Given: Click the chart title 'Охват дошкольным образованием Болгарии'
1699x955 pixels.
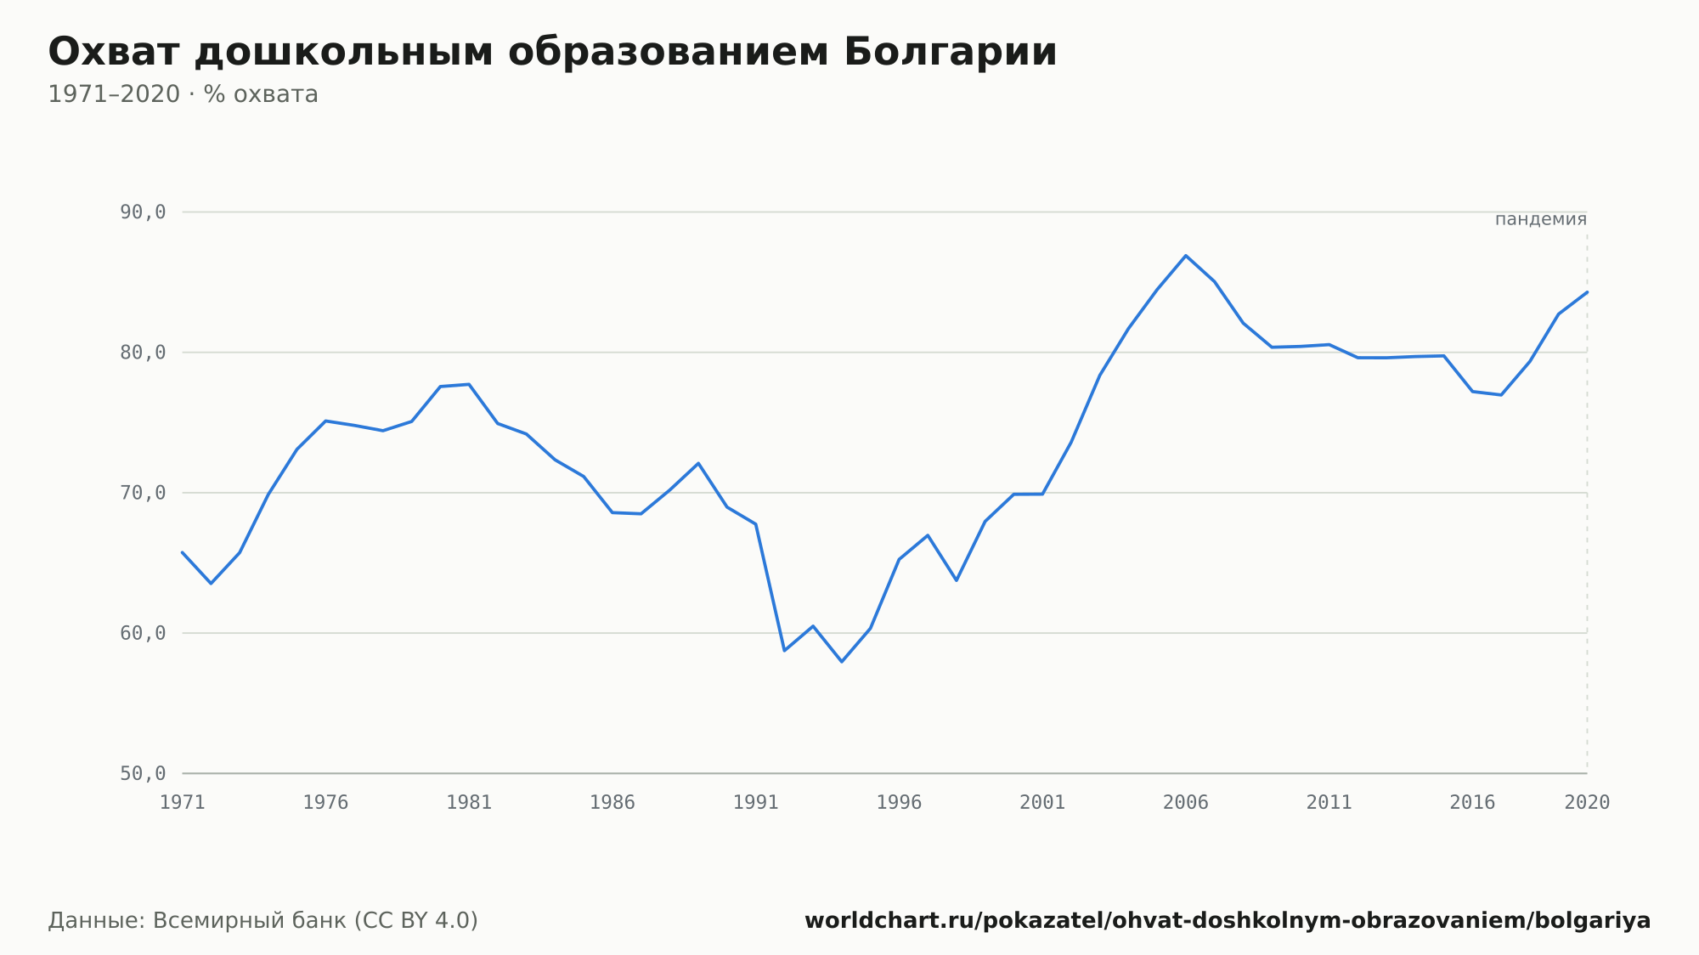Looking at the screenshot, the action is click(552, 53).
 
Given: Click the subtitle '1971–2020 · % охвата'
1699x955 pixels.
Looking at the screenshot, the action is click(183, 94).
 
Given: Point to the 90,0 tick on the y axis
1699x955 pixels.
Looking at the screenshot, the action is click(143, 212).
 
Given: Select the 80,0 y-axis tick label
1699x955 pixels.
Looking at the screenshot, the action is click(143, 353).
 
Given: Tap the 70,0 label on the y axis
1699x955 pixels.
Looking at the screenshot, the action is click(143, 493).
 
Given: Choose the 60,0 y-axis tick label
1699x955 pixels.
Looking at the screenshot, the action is click(143, 633).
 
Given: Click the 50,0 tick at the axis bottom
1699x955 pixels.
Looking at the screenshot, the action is click(143, 773).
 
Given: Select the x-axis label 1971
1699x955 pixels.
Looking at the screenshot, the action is click(183, 803).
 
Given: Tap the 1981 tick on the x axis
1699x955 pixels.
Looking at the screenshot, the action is click(469, 803).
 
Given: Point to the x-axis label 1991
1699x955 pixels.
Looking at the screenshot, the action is click(756, 803).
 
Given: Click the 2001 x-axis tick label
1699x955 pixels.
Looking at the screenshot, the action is click(1042, 803).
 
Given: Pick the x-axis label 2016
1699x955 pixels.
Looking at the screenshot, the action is click(1472, 803).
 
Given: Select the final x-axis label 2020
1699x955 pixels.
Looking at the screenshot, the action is click(1587, 803).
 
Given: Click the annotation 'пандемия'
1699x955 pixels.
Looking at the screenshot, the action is click(1541, 219).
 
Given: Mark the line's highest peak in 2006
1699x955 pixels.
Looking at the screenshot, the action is click(1186, 256).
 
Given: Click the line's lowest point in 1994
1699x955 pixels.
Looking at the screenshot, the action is click(842, 661).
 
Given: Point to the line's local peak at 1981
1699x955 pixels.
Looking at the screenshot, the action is click(469, 384).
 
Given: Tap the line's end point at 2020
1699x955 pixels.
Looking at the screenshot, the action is click(1587, 292).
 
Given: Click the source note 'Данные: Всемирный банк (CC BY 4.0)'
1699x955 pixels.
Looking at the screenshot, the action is click(263, 921).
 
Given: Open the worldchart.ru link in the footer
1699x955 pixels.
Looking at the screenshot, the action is click(1228, 921).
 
